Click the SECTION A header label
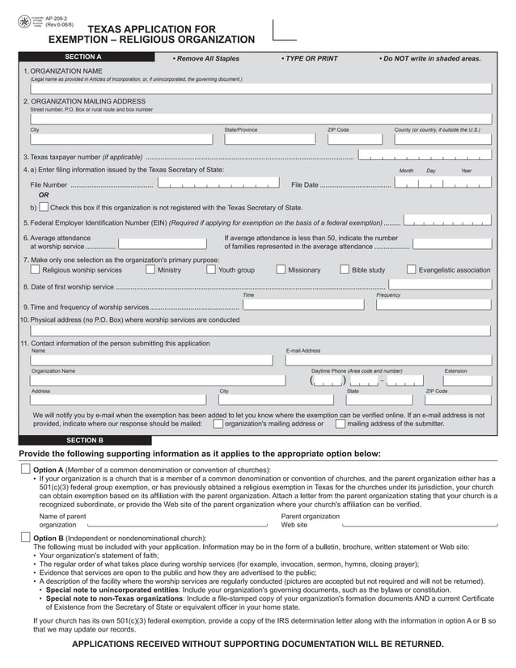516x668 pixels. pyautogui.click(x=83, y=57)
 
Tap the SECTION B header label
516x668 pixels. pyautogui.click(x=83, y=440)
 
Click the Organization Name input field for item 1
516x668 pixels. pyautogui.click(x=260, y=89)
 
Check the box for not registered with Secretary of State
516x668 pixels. pyautogui.click(x=43, y=207)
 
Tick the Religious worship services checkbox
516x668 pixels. pyautogui.click(x=36, y=270)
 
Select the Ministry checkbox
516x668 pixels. pyautogui.click(x=150, y=270)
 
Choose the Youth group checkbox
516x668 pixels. pyautogui.click(x=211, y=270)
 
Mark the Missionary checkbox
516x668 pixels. pyautogui.click(x=281, y=270)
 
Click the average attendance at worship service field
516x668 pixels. pyautogui.click(x=162, y=243)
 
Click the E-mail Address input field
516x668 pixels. pyautogui.click(x=387, y=361)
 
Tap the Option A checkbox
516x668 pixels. pyautogui.click(x=25, y=470)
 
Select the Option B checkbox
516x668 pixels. pyautogui.click(x=25, y=538)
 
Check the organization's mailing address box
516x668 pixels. pyautogui.click(x=218, y=423)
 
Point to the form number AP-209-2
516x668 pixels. pyautogui.click(x=57, y=15)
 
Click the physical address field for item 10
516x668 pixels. pyautogui.click(x=260, y=331)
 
